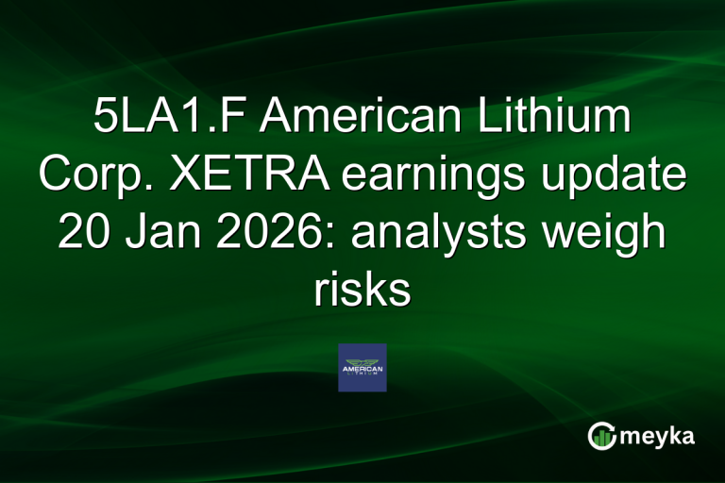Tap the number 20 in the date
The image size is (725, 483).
pos(89,233)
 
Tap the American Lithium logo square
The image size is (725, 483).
pos(362,367)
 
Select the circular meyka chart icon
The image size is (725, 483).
pos(602,436)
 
